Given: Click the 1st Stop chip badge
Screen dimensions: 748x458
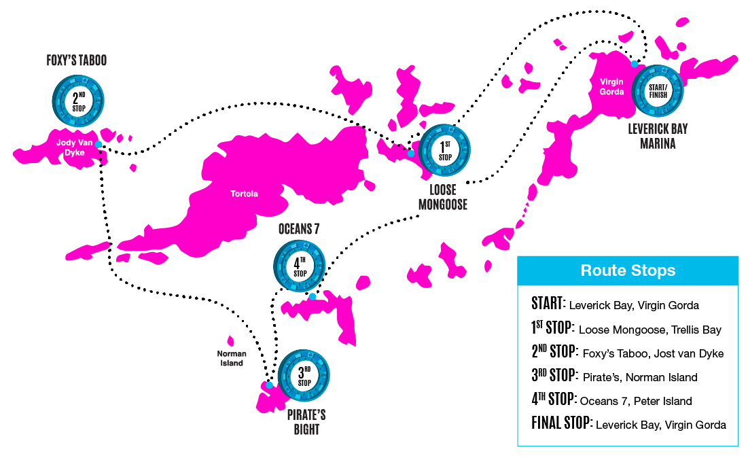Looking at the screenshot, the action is point(444,150).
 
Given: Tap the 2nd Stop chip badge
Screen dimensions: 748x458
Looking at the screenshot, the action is point(78,101).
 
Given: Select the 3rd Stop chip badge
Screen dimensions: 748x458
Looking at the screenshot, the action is point(304,376).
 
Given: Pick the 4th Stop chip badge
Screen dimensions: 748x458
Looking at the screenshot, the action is point(300,266).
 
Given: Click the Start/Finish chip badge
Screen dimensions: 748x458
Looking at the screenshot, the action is point(658,90).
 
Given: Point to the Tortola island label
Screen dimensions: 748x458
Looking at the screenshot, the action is point(245,194).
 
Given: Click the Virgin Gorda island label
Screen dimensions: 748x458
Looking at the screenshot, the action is point(611,87).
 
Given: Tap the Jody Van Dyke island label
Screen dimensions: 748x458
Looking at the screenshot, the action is point(75,147).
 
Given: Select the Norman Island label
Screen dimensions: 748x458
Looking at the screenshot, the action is point(232,358).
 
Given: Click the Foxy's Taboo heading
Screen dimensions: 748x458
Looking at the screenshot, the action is point(77,60).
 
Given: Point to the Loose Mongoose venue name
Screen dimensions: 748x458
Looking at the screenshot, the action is point(443,197).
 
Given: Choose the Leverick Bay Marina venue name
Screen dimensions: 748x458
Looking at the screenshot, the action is point(658,136).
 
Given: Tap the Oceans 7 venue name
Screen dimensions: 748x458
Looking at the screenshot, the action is point(299,229).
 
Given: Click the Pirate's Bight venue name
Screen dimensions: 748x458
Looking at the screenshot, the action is point(306,422).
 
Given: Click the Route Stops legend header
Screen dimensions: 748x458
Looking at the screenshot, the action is point(628,270).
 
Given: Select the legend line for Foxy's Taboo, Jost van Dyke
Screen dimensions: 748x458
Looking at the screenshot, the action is point(628,352).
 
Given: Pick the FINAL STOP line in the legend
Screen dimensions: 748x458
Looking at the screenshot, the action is point(628,423).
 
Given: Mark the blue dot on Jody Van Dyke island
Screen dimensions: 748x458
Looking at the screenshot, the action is point(99,144).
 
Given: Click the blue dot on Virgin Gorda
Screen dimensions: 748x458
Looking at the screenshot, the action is point(635,64).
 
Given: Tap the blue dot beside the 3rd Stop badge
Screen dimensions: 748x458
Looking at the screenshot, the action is point(269,385).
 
